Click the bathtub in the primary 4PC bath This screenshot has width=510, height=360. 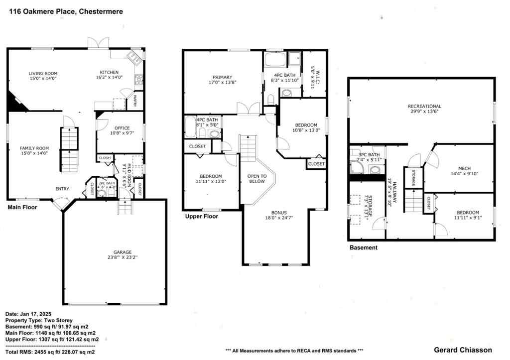click(x=275, y=61)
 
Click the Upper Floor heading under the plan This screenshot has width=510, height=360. click(x=201, y=217)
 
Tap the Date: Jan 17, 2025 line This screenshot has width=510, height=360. click(x=29, y=314)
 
